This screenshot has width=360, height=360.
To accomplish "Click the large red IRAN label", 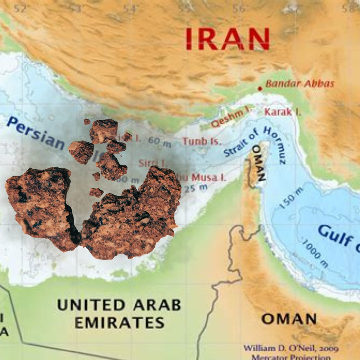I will point(227,39).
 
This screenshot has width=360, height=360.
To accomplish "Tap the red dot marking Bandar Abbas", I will point(260,89).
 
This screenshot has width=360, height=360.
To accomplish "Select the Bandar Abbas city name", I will point(300,84).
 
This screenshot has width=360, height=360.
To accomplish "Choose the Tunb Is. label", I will point(202,141).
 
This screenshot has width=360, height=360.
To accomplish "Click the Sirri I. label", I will point(153,163).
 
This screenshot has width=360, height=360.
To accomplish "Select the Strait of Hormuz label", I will point(255,144).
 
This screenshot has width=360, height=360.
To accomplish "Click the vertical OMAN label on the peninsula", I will point(259,163).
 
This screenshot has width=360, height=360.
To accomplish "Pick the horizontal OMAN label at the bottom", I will point(289,319).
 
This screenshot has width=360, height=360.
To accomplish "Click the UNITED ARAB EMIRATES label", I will point(119,314).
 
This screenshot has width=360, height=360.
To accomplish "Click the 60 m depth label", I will point(159,141).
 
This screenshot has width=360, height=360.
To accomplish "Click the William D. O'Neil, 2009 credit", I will point(291,348).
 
